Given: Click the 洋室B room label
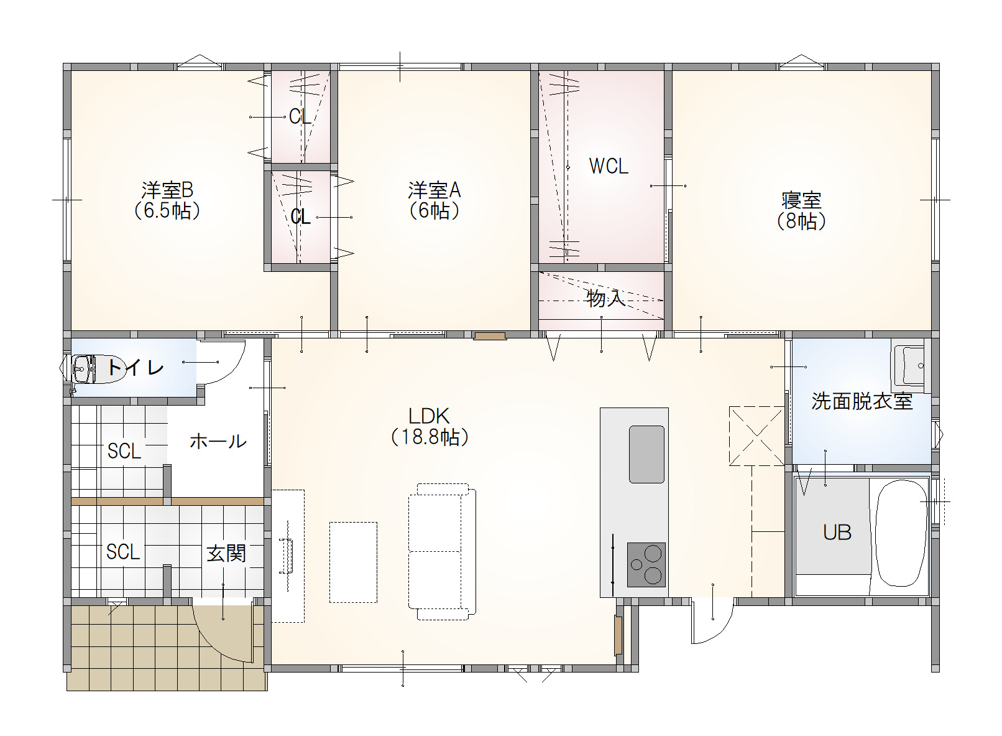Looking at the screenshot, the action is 167,190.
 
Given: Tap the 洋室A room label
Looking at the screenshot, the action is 434,190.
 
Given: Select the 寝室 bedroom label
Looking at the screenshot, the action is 801,200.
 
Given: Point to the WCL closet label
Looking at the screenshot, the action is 609,166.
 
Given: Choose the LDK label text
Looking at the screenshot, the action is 429,416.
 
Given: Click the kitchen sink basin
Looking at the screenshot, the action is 646,454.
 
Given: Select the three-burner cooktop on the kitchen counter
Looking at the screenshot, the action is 646,564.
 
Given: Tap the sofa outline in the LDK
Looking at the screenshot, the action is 442,552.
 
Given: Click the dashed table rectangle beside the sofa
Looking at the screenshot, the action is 354,562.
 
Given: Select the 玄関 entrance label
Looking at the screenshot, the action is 226,553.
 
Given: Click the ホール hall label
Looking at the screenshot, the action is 218,442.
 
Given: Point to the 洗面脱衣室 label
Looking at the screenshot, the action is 862,401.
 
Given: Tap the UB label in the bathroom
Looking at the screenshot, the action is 837,533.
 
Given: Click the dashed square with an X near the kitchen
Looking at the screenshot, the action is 756,435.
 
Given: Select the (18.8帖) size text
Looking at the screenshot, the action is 430,437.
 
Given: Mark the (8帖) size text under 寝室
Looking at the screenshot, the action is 801,221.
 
